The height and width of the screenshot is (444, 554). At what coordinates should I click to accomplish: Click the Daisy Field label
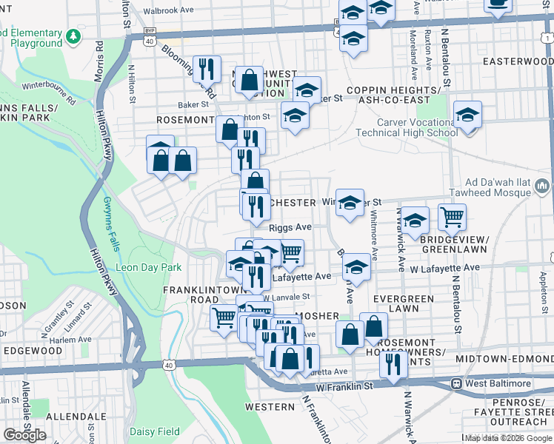(154, 431)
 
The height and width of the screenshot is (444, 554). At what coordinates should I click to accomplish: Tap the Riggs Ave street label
(290, 228)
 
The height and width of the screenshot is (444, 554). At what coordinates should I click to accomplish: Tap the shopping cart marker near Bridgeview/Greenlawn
(452, 217)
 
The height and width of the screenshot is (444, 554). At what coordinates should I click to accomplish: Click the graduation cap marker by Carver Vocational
(467, 115)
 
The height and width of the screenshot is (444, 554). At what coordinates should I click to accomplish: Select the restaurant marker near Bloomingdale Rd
(207, 69)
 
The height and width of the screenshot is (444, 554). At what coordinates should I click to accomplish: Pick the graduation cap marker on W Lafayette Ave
(356, 268)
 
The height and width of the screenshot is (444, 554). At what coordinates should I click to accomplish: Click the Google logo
(24, 435)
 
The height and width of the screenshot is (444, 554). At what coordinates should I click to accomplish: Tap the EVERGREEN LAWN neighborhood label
(403, 303)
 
